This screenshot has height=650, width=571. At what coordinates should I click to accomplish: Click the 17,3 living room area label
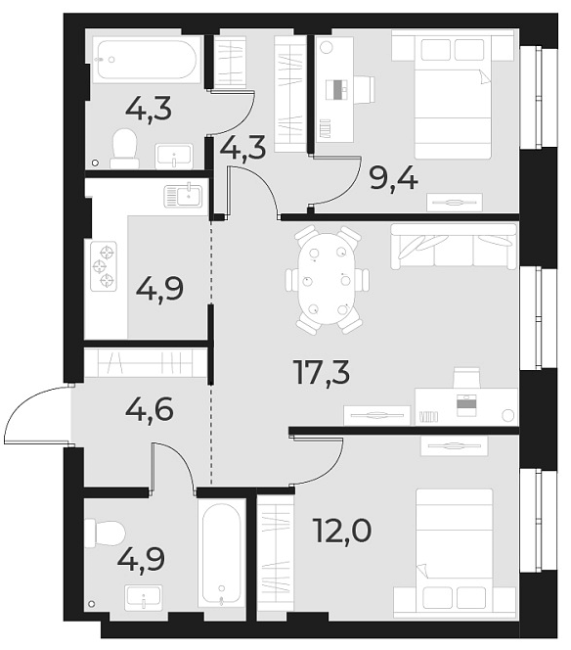[x=322, y=372]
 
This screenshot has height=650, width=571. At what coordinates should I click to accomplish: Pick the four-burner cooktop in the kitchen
[x=104, y=266]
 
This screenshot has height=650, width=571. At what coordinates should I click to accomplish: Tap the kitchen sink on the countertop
[x=182, y=196]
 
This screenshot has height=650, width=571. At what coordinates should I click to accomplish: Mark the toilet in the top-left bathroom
[x=124, y=148]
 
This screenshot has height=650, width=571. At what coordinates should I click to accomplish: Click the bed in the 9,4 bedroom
[x=452, y=94]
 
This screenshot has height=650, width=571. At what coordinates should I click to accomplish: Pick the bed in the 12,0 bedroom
[x=453, y=553]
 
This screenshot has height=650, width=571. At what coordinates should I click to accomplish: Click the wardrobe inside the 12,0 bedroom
[x=276, y=555]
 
